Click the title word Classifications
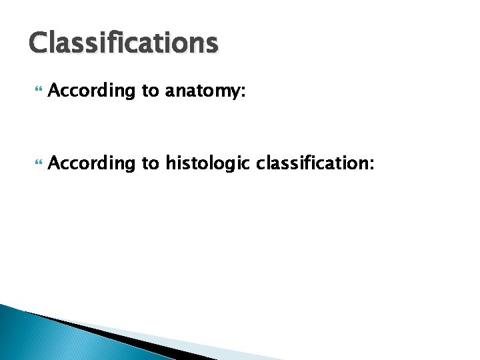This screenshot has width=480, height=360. coord(123,43)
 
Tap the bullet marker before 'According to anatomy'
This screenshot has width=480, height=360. coord(35,91)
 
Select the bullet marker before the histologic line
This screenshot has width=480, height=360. coord(35,161)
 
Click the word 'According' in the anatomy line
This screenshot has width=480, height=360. coord(92,91)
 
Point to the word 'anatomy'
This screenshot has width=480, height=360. coord(203,91)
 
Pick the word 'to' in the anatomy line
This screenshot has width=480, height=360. coord(150,91)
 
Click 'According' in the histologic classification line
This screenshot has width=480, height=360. coord(92,161)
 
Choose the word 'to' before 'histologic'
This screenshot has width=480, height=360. coord(150,161)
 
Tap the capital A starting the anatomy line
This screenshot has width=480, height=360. coord(55,91)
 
